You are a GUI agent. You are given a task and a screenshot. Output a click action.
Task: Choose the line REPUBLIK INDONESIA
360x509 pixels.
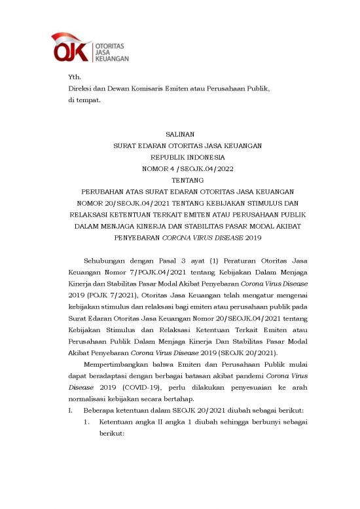point(178,157)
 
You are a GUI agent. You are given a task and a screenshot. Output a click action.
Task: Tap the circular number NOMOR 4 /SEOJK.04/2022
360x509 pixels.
point(178,168)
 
